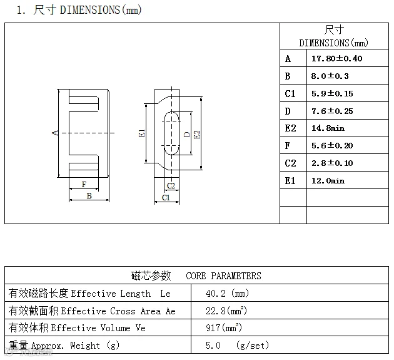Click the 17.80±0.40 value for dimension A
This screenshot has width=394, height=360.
click(336, 59)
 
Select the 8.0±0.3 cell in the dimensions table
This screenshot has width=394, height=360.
click(330, 76)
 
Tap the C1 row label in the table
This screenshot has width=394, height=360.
click(290, 93)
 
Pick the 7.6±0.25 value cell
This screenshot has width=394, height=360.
click(332, 111)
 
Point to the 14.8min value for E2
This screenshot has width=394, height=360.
click(328, 128)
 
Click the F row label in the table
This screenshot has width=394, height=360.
click(288, 145)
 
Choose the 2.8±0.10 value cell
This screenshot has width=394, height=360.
click(332, 163)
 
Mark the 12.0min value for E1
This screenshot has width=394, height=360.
click(328, 181)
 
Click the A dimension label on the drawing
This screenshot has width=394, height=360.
click(55, 133)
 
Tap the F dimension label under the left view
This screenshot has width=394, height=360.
click(84, 185)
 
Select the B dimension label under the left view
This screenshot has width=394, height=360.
click(89, 196)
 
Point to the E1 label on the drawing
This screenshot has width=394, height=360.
click(142, 133)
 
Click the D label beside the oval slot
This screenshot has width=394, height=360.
click(187, 134)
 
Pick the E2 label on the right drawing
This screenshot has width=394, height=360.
click(197, 135)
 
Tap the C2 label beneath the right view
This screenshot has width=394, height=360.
click(171, 186)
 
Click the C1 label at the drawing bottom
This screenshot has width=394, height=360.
click(166, 197)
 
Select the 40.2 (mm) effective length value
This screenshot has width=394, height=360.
click(227, 293)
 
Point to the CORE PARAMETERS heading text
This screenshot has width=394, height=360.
click(223, 276)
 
